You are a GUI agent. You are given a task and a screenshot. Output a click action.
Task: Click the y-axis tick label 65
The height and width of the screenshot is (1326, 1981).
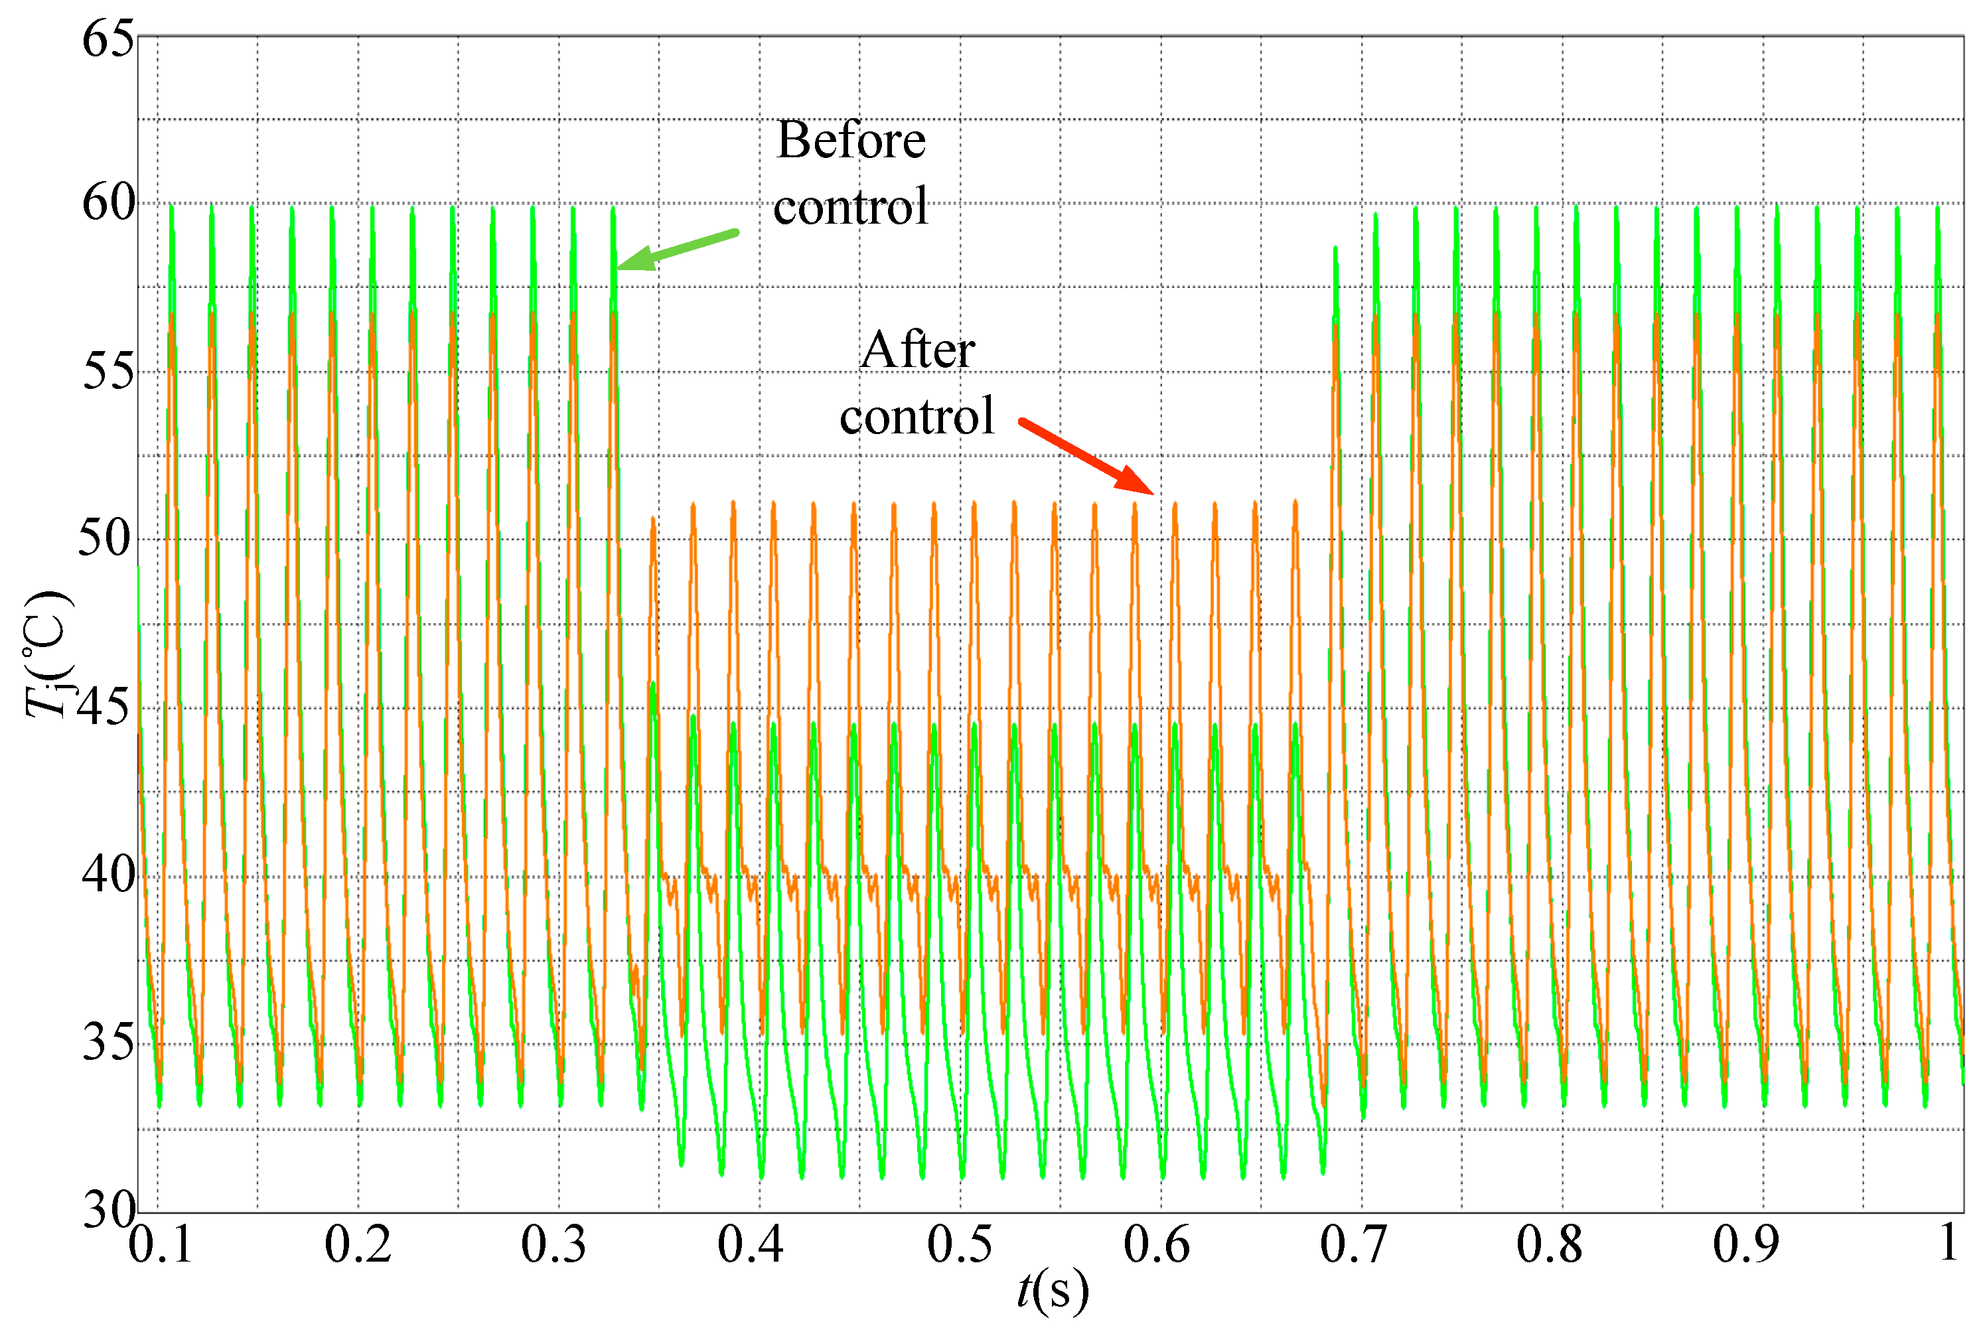(108, 40)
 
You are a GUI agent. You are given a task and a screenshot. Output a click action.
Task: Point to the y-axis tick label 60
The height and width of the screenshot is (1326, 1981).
(108, 203)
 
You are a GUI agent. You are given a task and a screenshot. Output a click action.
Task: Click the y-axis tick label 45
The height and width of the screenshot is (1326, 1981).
(105, 706)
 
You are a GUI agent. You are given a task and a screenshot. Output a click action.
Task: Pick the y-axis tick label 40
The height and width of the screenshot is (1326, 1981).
(108, 873)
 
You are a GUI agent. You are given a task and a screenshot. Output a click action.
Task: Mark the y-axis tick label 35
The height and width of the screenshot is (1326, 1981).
(108, 1042)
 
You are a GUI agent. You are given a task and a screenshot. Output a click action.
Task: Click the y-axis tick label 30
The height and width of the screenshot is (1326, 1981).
(108, 1210)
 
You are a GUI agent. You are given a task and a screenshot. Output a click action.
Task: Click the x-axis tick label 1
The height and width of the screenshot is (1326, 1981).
(1950, 1243)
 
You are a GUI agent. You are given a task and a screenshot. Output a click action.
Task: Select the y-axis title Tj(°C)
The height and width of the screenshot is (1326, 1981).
(48, 654)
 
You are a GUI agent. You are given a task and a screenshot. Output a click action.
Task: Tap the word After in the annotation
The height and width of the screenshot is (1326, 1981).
(917, 350)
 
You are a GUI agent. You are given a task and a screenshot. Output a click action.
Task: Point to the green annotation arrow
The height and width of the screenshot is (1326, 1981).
(676, 250)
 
